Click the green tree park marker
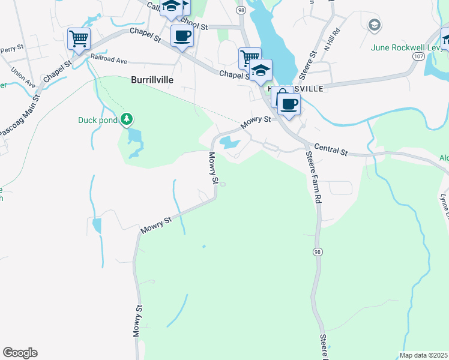(126, 120)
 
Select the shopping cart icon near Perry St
(79, 39)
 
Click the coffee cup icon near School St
(182, 35)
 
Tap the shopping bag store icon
(282, 97)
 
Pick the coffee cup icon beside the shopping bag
(289, 104)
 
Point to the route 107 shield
(419, 55)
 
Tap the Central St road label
(331, 149)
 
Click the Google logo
(20, 353)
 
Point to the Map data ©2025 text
(423, 355)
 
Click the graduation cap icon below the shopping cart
(261, 70)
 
